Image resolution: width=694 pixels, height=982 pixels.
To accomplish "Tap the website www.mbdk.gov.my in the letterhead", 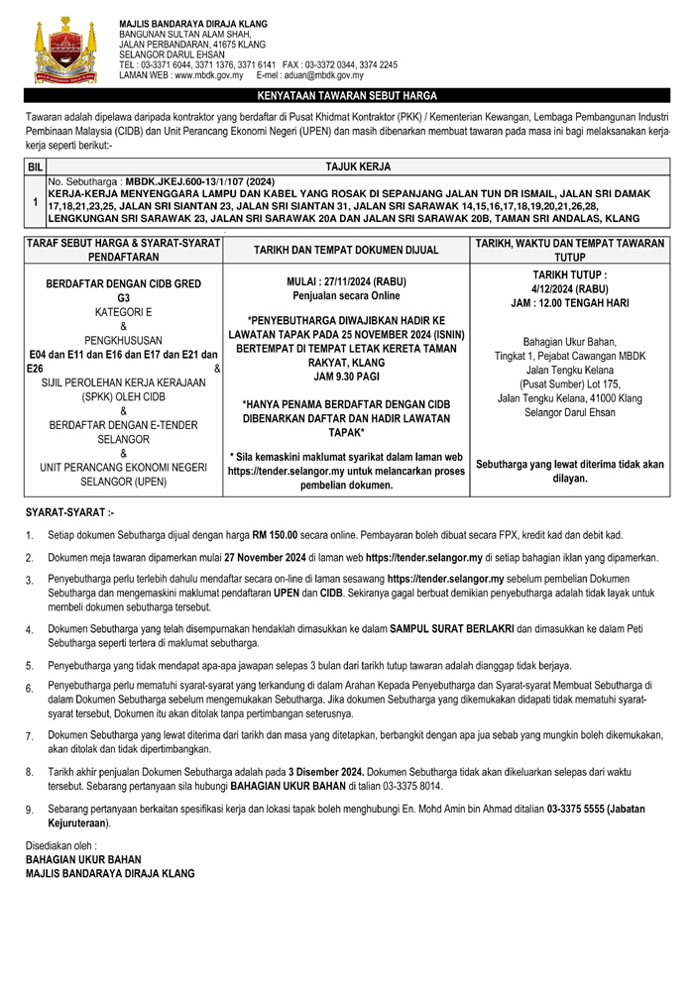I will [x=208, y=75].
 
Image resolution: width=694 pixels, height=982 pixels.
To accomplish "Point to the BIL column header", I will [x=35, y=167].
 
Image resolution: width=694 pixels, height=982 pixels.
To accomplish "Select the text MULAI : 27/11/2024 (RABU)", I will [x=347, y=280].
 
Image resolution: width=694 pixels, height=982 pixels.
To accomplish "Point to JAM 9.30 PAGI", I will [x=346, y=377].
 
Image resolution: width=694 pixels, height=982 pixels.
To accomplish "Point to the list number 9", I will [x=30, y=811].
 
